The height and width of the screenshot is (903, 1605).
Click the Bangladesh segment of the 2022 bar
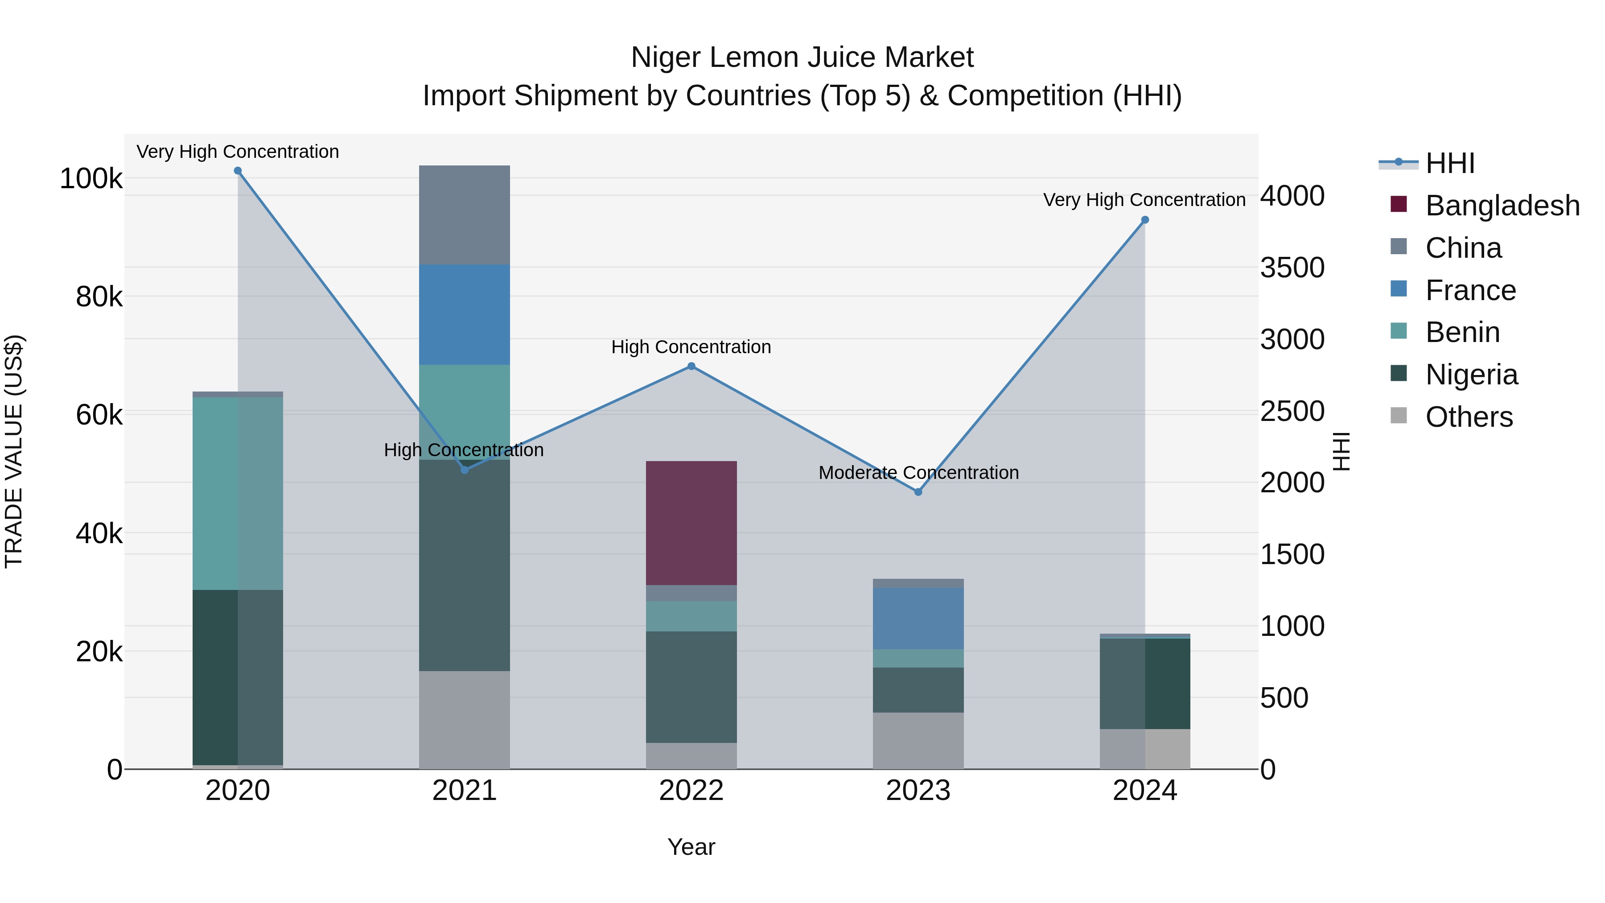click(x=691, y=523)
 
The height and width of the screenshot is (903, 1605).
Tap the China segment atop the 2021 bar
click(x=464, y=214)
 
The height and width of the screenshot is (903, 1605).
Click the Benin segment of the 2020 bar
click(x=237, y=493)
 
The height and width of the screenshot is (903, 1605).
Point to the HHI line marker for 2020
click(x=237, y=171)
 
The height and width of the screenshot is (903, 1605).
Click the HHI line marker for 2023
click(x=918, y=492)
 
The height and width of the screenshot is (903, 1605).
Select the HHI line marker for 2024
click(x=1144, y=220)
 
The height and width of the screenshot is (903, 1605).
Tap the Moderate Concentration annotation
click(x=918, y=472)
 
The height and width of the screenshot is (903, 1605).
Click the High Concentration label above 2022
click(x=691, y=346)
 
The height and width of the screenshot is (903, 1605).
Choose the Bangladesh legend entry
click(x=1502, y=206)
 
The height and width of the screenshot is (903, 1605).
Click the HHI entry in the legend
click(x=1449, y=163)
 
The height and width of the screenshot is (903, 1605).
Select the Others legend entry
click(x=1469, y=417)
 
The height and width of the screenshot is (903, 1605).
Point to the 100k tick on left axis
click(x=91, y=179)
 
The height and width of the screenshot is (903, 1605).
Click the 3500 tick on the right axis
click(x=1292, y=268)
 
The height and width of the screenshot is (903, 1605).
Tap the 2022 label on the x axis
click(x=691, y=791)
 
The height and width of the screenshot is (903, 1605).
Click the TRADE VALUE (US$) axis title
click(x=14, y=451)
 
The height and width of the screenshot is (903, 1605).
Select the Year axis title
click(x=691, y=847)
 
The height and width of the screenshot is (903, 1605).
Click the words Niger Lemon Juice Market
click(x=802, y=58)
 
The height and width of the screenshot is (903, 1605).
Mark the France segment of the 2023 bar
click(x=918, y=618)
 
